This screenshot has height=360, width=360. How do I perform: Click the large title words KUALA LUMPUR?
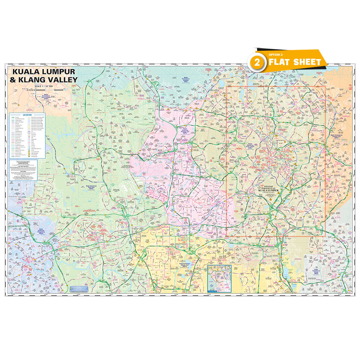click(x=44, y=72)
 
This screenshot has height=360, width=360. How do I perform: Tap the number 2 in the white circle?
click(x=257, y=62)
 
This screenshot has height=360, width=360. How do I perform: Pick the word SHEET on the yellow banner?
click(x=307, y=62)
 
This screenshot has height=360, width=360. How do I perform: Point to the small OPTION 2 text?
click(x=274, y=55)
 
